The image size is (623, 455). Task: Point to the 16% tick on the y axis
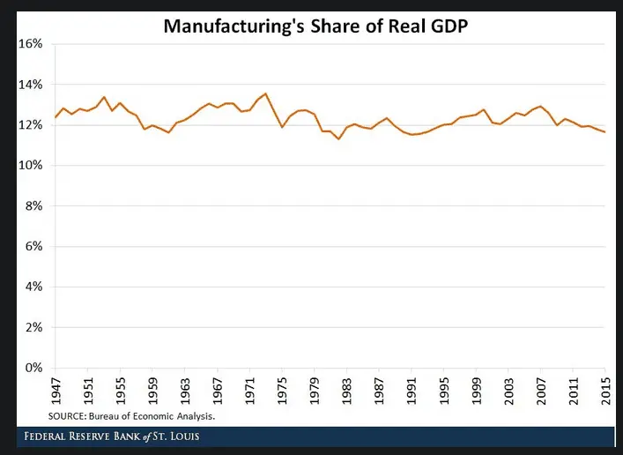pyautogui.click(x=31, y=44)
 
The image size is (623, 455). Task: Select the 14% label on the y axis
pyautogui.click(x=31, y=85)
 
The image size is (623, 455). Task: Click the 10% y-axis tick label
pyautogui.click(x=31, y=166)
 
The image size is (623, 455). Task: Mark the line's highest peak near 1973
pyautogui.click(x=265, y=93)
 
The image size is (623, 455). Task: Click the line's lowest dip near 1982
pyautogui.click(x=338, y=139)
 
